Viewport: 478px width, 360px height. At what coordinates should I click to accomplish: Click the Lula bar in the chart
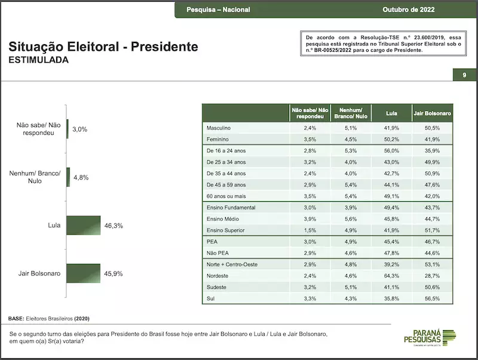tap(84, 226)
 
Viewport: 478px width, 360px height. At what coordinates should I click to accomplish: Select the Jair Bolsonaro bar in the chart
tap(84, 273)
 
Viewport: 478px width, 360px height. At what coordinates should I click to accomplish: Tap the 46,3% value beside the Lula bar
tap(113, 226)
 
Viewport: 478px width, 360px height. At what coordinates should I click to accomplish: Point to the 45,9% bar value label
tap(113, 273)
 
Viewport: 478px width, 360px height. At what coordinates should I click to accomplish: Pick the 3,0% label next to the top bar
tap(79, 129)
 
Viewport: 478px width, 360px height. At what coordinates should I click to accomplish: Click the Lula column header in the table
tap(391, 113)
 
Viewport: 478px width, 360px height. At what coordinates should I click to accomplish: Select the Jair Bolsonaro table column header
tap(432, 113)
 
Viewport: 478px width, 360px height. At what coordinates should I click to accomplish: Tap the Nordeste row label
tap(218, 275)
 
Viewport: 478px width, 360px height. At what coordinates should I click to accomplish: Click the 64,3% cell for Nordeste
tap(391, 275)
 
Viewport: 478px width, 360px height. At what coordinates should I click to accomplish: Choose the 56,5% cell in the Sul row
tap(432, 298)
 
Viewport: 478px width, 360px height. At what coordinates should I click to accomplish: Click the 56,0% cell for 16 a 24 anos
tap(391, 150)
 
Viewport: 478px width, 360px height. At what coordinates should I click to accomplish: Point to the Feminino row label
tap(218, 139)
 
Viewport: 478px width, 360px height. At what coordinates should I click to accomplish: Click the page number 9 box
tap(464, 75)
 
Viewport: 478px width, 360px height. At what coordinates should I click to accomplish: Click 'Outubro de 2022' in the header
tap(409, 10)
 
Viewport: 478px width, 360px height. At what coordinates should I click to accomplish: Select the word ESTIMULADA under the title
tap(38, 60)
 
